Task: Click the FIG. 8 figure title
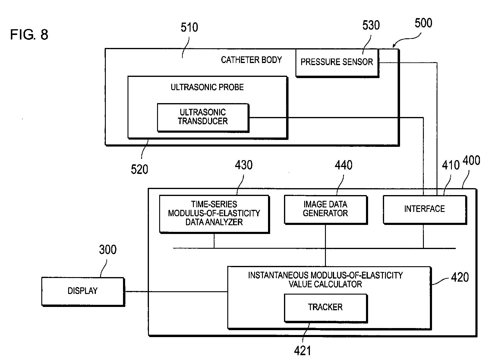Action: (29, 35)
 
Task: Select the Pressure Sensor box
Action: (337, 62)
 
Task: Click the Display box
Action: (83, 291)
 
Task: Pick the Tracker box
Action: (325, 308)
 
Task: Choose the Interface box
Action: (424, 209)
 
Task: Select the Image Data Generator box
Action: (325, 209)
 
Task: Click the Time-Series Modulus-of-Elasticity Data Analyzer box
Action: (214, 213)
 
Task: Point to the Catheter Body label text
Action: (251, 60)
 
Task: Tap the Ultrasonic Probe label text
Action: (207, 87)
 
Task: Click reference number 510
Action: (189, 28)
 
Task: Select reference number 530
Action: (371, 26)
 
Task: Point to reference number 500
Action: (423, 23)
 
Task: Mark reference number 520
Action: (139, 169)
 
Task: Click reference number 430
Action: (244, 165)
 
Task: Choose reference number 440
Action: (343, 165)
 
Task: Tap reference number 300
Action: (108, 250)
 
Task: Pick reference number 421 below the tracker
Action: (302, 351)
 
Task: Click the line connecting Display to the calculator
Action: (175, 292)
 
